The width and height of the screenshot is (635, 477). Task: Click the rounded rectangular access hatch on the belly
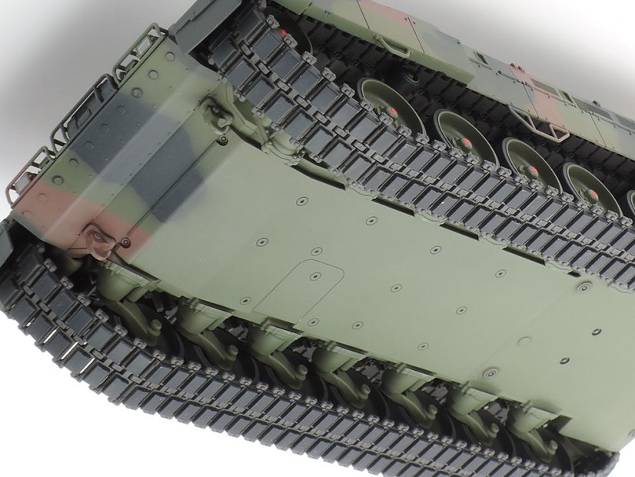(299, 291)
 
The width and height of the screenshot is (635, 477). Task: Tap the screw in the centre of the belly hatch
(314, 276)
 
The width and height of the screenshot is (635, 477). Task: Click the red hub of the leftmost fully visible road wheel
(392, 112)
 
